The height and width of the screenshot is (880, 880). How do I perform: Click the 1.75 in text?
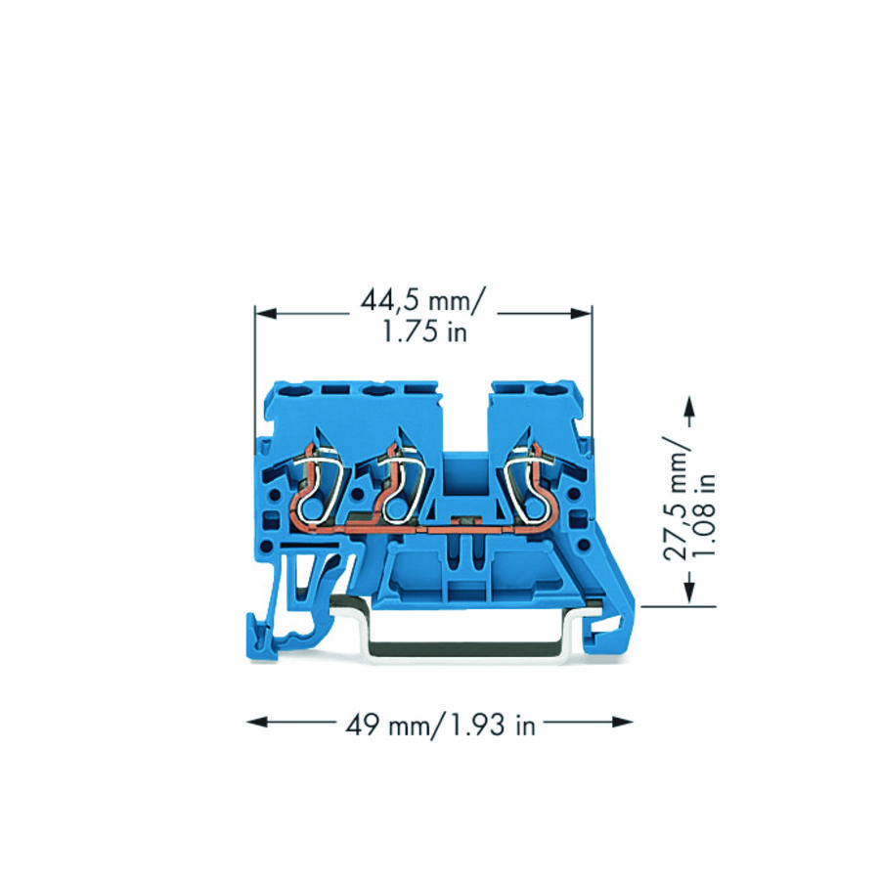[424, 332]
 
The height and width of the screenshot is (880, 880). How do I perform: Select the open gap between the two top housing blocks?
[465, 420]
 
